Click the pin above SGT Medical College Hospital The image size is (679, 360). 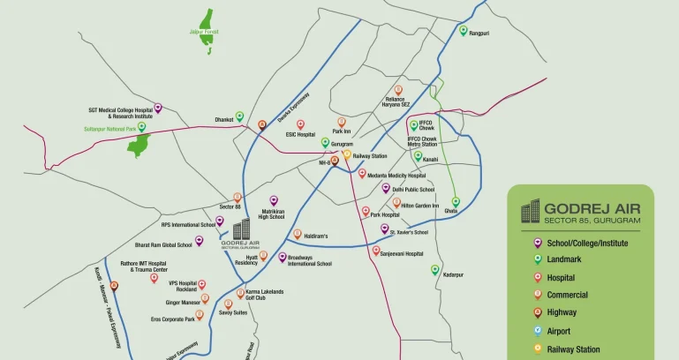point(158,108)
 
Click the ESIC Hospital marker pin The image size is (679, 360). point(300,124)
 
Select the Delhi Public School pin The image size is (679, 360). point(385,187)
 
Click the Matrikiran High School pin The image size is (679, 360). point(273,200)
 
